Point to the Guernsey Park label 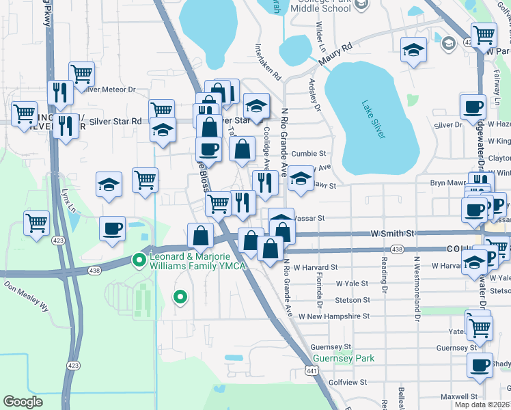pyautogui.click(x=334, y=358)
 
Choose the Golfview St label pyautogui.click(x=348, y=383)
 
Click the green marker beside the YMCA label pyautogui.click(x=139, y=260)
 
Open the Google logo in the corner pyautogui.click(x=23, y=402)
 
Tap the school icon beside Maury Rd pyautogui.click(x=413, y=51)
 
